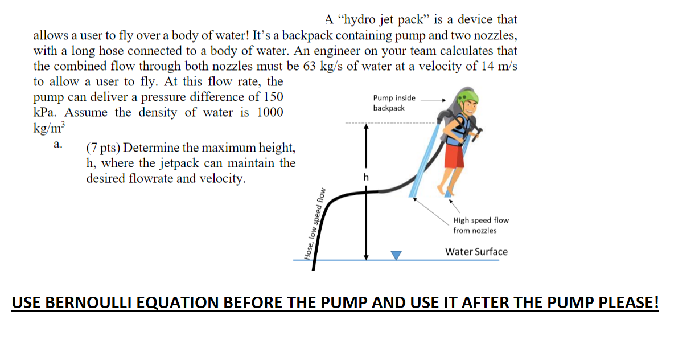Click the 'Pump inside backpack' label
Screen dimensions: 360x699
[x=394, y=103]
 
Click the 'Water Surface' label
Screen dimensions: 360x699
[x=476, y=252]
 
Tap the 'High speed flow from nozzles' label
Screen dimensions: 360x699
[x=481, y=225]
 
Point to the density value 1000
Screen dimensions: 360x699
[x=270, y=112]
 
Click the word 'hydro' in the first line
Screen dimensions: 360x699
[x=359, y=20]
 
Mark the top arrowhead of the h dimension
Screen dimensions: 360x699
[x=367, y=129]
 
